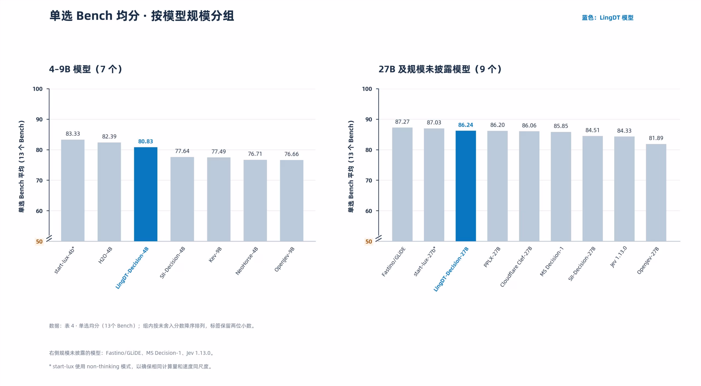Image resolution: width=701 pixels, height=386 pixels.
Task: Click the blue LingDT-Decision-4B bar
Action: click(x=146, y=194)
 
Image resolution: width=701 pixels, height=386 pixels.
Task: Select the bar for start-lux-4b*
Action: click(x=73, y=191)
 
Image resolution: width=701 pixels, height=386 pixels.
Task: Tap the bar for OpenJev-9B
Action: click(x=292, y=201)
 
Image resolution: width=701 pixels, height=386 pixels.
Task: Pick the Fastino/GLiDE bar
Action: click(x=402, y=184)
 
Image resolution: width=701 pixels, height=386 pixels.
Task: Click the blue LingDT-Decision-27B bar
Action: click(x=466, y=186)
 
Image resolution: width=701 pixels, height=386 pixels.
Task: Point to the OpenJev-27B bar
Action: click(x=656, y=193)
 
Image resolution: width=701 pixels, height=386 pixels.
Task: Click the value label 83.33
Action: click(x=73, y=134)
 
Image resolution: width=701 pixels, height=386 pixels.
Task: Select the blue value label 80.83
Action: click(x=146, y=141)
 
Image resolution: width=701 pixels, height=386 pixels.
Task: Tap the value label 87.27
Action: click(x=402, y=122)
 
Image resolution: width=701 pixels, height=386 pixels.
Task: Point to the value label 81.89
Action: click(x=656, y=138)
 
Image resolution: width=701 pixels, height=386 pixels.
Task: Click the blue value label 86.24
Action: click(x=466, y=125)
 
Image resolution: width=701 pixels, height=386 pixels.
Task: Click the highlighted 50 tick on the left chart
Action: click(x=39, y=242)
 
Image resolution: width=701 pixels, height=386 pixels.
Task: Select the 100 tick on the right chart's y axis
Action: click(x=367, y=89)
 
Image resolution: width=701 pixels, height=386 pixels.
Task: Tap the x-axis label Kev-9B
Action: click(x=215, y=255)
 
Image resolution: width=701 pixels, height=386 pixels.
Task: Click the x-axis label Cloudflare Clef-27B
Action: click(x=516, y=267)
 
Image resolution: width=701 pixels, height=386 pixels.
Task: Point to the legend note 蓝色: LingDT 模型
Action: click(x=608, y=18)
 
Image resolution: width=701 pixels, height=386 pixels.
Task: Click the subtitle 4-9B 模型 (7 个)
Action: click(x=85, y=69)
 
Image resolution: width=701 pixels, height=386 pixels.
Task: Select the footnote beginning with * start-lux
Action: click(x=131, y=367)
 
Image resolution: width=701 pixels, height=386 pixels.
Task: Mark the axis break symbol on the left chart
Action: click(x=49, y=239)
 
